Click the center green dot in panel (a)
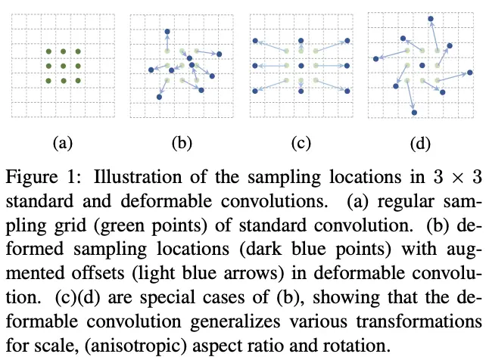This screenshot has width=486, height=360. point(63,66)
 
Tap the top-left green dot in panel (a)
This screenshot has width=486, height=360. point(48,51)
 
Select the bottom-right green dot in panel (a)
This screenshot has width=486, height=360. point(78,80)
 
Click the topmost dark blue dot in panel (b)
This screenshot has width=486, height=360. point(167,32)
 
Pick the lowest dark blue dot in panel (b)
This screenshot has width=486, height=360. point(159,97)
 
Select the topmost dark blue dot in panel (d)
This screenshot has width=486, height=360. point(431,17)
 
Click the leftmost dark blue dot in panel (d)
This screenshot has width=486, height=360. point(375,58)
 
